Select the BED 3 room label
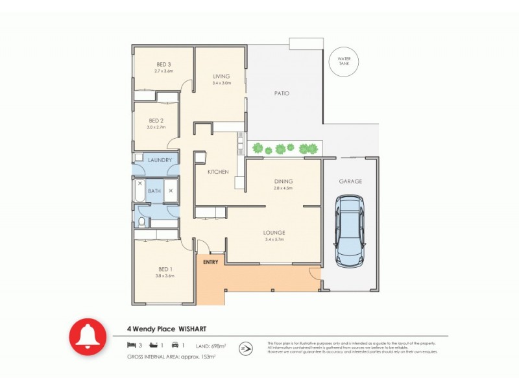tap(163, 64)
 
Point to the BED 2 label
tap(155, 121)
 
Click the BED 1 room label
tap(164, 269)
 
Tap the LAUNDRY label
tap(159, 160)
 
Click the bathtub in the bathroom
tap(139, 191)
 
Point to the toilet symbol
tap(142, 222)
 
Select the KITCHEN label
tap(217, 172)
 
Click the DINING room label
tap(283, 182)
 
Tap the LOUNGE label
tap(274, 233)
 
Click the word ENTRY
tap(210, 262)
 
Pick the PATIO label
tap(281, 93)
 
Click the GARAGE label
tap(350, 182)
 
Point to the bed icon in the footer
tap(131, 345)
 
